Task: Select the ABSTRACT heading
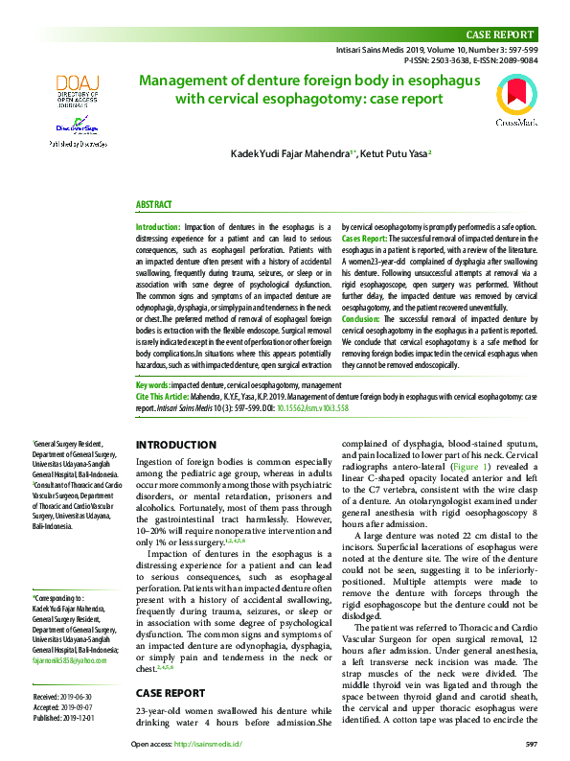pos(153,205)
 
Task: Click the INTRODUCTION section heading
pos(176,445)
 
